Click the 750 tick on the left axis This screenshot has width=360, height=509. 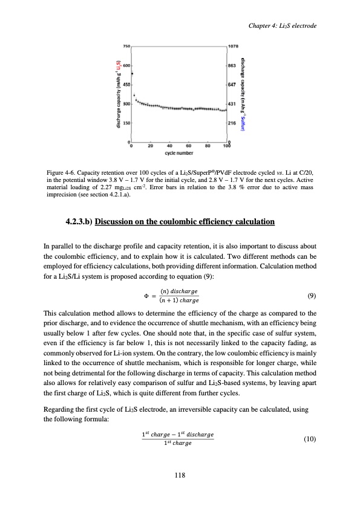(x=126, y=46)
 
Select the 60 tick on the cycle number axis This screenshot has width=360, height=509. (x=188, y=146)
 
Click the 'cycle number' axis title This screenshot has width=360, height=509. (x=179, y=152)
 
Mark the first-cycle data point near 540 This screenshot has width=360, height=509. (x=133, y=73)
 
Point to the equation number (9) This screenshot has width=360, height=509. (x=310, y=296)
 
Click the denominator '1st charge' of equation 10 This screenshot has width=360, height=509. (x=175, y=444)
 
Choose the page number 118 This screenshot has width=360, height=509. (x=180, y=476)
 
